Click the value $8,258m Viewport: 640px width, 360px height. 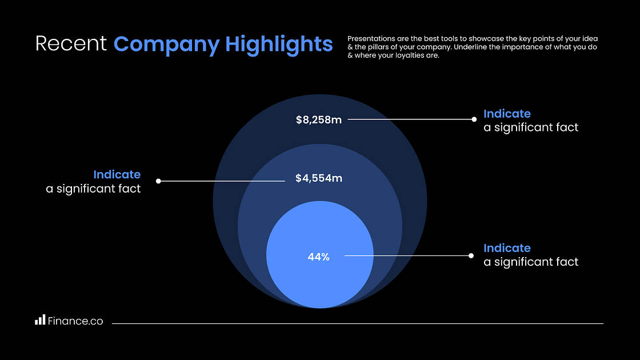click(x=318, y=120)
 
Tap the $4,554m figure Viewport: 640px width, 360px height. click(x=318, y=178)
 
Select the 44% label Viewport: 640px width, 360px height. click(x=318, y=257)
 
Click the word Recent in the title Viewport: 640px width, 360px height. click(x=71, y=44)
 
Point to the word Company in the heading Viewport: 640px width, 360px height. click(x=166, y=44)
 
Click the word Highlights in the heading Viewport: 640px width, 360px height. click(x=279, y=44)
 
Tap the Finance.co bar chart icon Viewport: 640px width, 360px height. click(x=39, y=321)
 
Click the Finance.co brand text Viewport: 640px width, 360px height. click(x=75, y=321)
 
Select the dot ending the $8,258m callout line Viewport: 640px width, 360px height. click(x=474, y=119)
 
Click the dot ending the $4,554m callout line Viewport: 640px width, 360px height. click(x=158, y=181)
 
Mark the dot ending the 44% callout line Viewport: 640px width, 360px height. click(x=471, y=256)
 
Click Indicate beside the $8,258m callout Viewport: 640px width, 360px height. click(x=507, y=114)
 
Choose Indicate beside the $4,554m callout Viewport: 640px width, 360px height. click(x=117, y=175)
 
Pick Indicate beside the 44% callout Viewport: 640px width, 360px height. click(x=507, y=248)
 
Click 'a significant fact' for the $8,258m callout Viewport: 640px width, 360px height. click(x=531, y=127)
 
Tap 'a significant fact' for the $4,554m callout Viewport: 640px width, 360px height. click(x=93, y=189)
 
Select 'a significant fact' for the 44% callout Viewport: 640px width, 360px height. click(x=531, y=262)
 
